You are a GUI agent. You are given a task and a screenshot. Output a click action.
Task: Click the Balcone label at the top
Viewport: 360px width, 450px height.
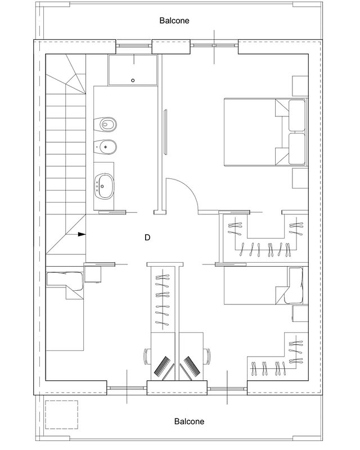[x=174, y=21]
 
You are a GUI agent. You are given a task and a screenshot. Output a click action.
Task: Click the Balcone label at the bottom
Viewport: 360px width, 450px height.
[x=189, y=421]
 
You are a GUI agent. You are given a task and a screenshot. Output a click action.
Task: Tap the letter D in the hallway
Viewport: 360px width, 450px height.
[x=147, y=237]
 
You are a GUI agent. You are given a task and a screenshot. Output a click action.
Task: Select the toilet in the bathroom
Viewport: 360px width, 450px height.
[x=105, y=124]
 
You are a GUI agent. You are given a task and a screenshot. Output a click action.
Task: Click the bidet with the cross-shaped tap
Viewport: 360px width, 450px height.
[x=105, y=147]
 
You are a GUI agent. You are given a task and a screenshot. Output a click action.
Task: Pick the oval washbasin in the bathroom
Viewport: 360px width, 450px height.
[x=104, y=186]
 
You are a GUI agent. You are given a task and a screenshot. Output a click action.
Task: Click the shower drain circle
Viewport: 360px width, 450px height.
[x=133, y=80]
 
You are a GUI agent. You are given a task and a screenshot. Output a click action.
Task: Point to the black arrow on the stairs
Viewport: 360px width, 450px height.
[x=82, y=235]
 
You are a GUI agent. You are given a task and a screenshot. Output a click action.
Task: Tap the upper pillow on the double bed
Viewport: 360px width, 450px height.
[x=297, y=115]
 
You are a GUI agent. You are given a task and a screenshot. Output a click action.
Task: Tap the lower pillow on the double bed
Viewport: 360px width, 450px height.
[x=297, y=148]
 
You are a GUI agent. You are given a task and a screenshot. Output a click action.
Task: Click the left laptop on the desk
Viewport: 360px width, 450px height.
[x=163, y=366]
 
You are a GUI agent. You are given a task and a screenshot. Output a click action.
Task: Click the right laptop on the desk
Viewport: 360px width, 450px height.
[x=191, y=366]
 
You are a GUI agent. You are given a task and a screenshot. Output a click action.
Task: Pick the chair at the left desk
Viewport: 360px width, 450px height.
[x=147, y=357]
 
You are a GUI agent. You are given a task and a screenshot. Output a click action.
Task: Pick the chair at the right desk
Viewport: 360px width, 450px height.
[x=206, y=357]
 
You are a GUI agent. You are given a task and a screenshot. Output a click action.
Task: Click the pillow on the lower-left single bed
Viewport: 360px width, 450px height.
[x=65, y=279]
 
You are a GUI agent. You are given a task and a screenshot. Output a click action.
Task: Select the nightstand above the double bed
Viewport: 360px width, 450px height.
[x=300, y=86]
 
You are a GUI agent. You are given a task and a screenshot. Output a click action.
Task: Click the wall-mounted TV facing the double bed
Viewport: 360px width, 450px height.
[x=165, y=132]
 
